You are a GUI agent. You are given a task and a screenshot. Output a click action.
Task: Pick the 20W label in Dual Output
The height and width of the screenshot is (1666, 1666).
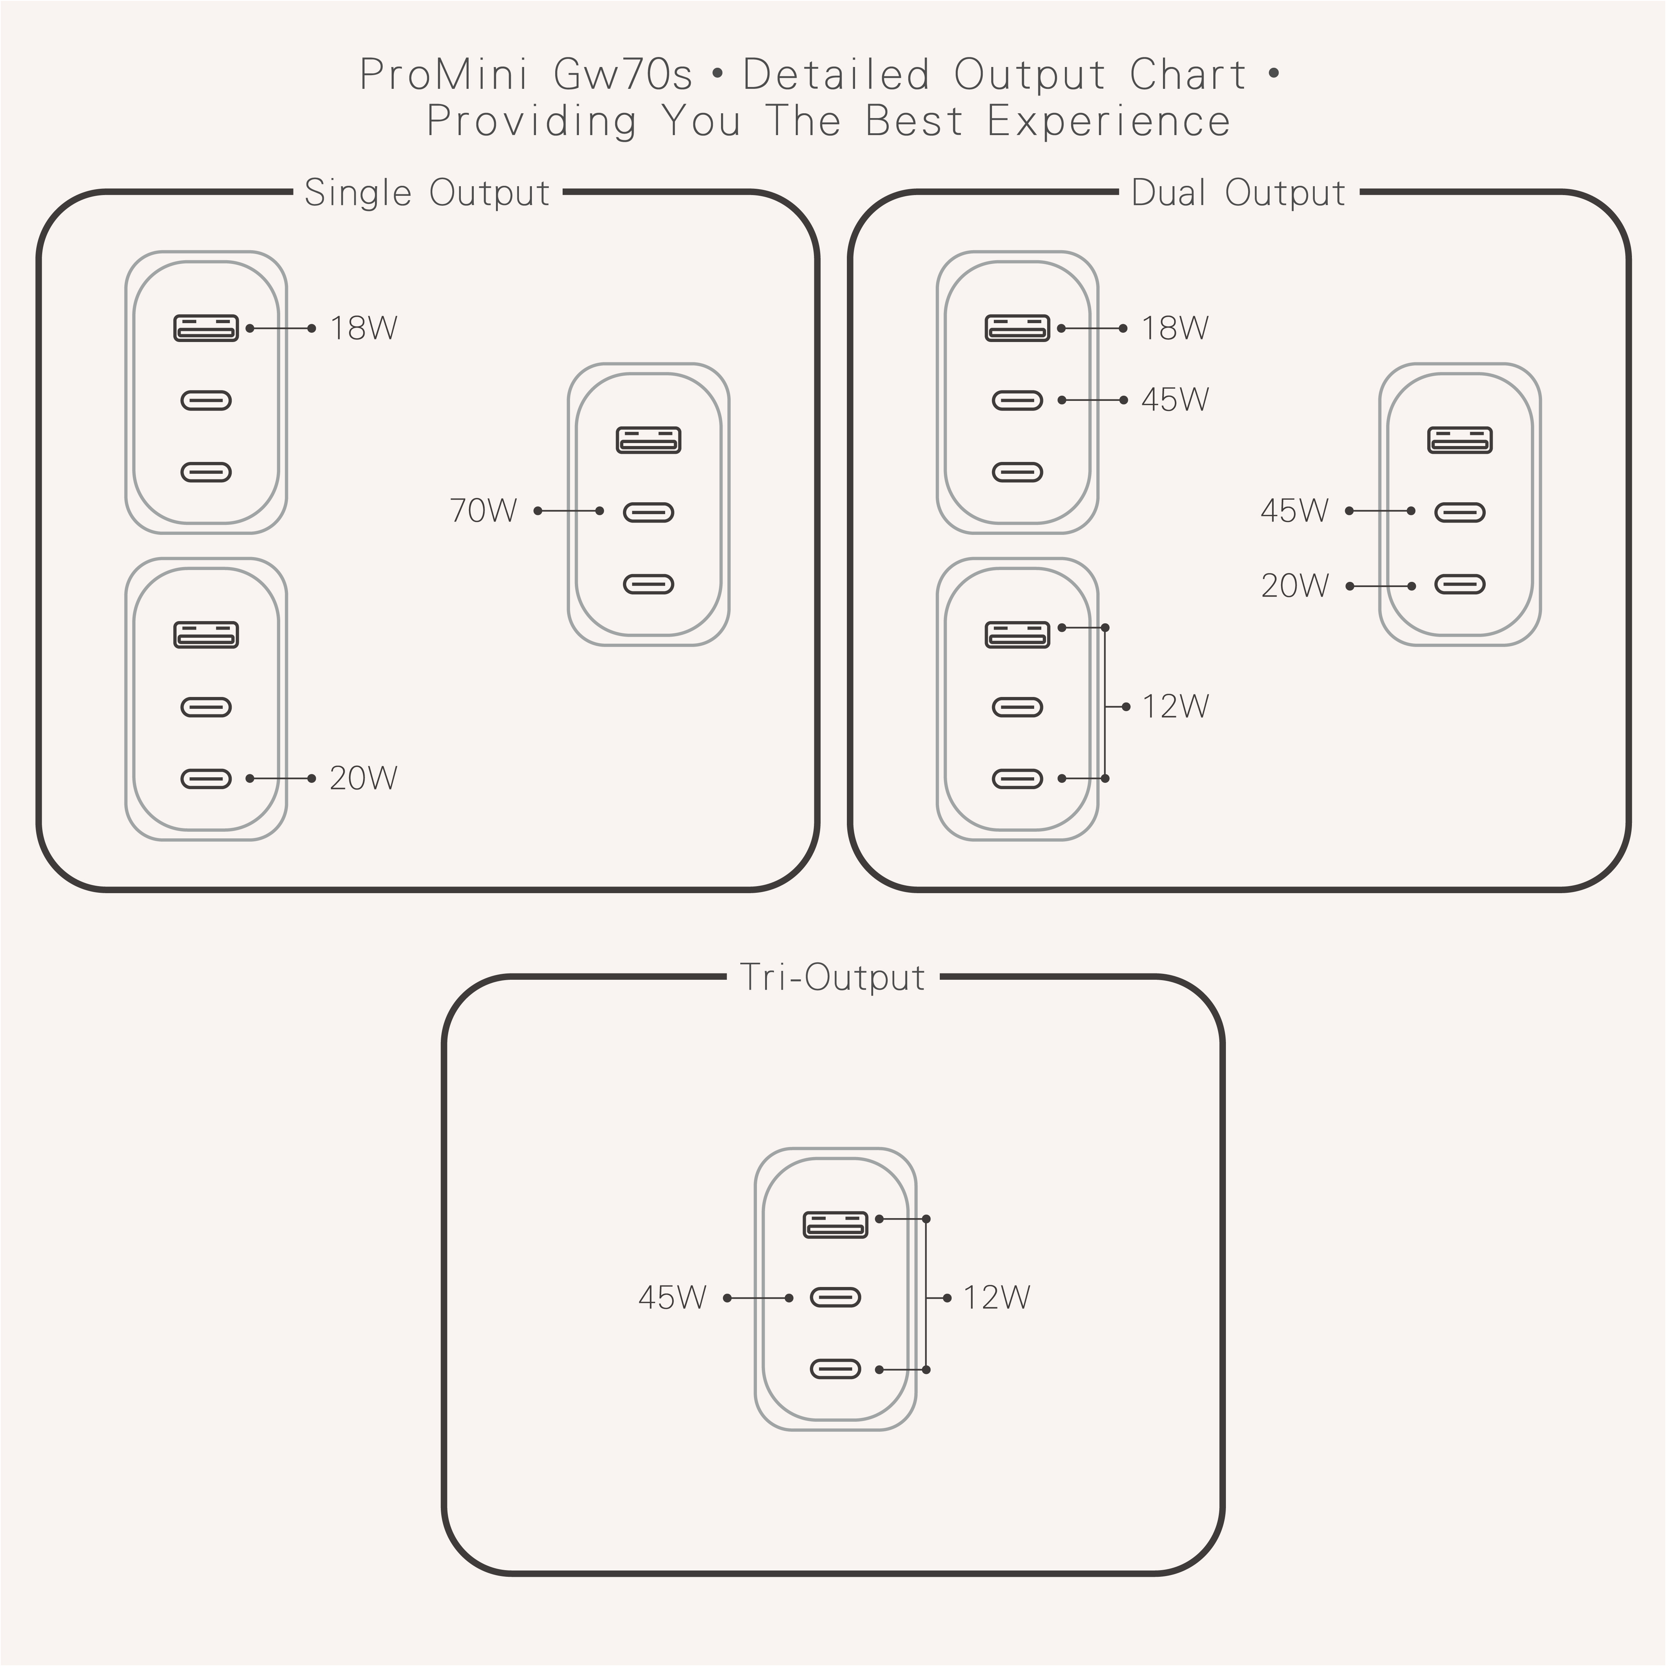pyautogui.click(x=1294, y=586)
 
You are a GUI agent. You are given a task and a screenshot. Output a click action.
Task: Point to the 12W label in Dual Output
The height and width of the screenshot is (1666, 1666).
pyautogui.click(x=1175, y=706)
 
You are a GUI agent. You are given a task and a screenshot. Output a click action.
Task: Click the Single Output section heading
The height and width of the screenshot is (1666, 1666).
pyautogui.click(x=427, y=192)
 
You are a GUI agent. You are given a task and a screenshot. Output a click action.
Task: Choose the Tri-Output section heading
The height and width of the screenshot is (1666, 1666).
pyautogui.click(x=832, y=977)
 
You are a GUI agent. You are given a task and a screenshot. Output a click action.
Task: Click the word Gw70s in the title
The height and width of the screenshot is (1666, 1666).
pyautogui.click(x=623, y=74)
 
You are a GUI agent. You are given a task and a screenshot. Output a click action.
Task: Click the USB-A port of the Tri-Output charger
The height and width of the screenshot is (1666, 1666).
pyautogui.click(x=835, y=1224)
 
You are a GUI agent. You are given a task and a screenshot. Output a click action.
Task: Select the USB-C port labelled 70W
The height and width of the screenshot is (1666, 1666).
pyautogui.click(x=648, y=512)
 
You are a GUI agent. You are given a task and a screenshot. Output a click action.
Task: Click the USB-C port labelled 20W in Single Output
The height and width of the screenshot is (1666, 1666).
pyautogui.click(x=206, y=779)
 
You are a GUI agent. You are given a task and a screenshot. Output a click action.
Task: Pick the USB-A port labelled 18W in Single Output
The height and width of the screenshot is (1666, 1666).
pyautogui.click(x=206, y=329)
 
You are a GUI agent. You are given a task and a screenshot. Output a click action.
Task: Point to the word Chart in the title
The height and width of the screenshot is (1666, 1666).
pyautogui.click(x=1187, y=74)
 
